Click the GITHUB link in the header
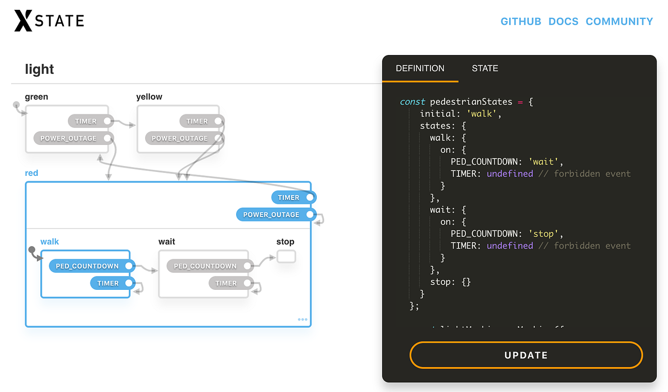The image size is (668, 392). (520, 22)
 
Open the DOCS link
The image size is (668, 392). (563, 22)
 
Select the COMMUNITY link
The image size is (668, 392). (619, 22)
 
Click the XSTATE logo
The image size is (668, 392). (49, 21)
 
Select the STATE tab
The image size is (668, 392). (485, 68)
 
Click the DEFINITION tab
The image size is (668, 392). (420, 68)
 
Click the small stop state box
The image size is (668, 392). (286, 256)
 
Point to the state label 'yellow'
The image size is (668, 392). (149, 97)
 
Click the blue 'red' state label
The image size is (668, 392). (31, 173)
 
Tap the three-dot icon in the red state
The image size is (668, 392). (303, 319)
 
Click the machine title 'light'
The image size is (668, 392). (39, 69)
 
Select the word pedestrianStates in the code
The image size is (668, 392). (471, 102)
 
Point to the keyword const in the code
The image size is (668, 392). (412, 102)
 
